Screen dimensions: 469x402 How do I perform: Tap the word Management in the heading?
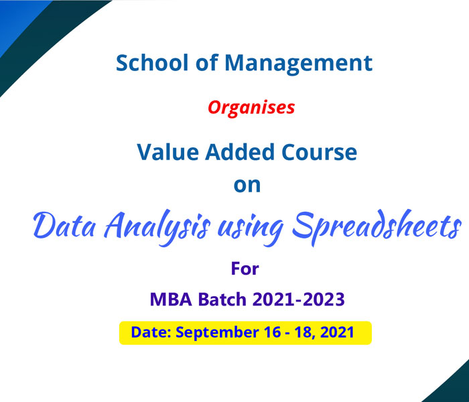[x=298, y=64]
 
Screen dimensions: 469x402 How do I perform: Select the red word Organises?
[x=251, y=108]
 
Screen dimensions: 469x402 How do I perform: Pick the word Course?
[x=319, y=152]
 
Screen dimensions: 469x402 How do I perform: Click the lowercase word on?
[x=247, y=186]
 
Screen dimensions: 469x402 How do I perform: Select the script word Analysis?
[x=157, y=228]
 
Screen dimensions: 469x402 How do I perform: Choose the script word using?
[x=251, y=229]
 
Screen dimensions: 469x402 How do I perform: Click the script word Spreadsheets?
[x=377, y=227]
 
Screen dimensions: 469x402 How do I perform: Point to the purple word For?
[x=245, y=268]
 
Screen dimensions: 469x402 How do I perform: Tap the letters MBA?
[x=171, y=299]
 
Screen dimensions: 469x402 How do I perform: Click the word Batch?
[x=222, y=299]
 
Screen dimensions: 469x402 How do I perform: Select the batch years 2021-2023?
[x=299, y=299]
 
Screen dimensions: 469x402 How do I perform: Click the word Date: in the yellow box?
[x=151, y=332]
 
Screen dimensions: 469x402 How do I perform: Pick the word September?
[x=217, y=333]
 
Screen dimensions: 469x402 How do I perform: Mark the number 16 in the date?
[x=273, y=332]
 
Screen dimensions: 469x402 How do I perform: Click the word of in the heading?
[x=206, y=62]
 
